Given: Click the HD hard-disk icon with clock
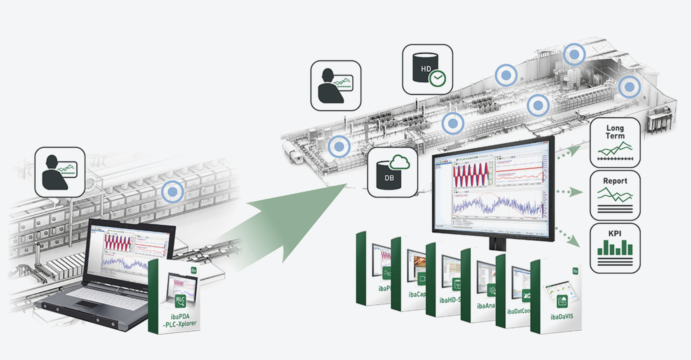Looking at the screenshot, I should coord(427,70).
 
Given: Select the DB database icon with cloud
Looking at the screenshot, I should coord(392,173).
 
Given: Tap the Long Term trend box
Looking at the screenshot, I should coord(615,143).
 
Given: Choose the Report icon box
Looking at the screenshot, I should coord(615,195).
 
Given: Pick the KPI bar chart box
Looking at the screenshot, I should coord(615,248).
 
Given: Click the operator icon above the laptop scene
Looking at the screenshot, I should coord(60,172).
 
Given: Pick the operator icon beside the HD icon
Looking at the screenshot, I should coord(336,86).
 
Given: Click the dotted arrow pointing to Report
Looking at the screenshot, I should coord(569,192).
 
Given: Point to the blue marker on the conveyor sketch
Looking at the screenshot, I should coord(173,192).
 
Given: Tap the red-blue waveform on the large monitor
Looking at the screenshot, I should coord(471,175).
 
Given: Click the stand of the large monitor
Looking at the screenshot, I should coord(497,244).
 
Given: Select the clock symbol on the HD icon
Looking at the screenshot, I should coord(438,78).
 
